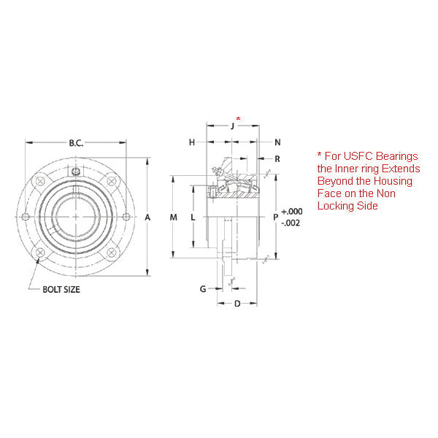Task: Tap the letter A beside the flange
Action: click(147, 218)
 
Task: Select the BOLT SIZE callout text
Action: click(61, 289)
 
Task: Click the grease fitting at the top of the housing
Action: click(76, 172)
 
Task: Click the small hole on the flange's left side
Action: click(27, 217)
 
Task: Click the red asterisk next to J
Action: click(238, 118)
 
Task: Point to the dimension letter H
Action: click(192, 142)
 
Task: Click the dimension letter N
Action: click(277, 142)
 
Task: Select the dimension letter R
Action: click(277, 158)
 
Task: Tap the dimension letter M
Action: click(173, 218)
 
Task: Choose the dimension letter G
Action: click(203, 289)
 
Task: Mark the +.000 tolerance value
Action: click(291, 211)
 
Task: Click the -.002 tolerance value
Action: click(291, 223)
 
